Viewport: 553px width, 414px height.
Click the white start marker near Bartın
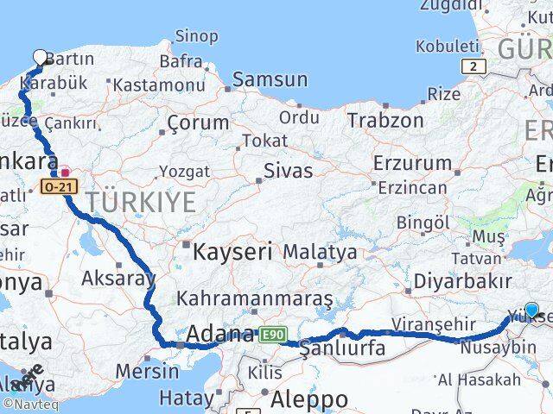(x=41, y=58)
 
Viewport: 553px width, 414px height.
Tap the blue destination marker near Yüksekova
(x=531, y=310)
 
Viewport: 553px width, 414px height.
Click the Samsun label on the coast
(x=270, y=80)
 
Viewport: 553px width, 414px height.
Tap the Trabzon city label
(x=385, y=120)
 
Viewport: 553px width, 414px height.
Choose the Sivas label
(x=288, y=170)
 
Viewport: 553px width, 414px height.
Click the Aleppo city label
(x=308, y=399)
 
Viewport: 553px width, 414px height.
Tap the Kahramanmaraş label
(x=255, y=298)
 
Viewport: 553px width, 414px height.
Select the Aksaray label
(x=118, y=278)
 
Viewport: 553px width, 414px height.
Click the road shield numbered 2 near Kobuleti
(x=473, y=66)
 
